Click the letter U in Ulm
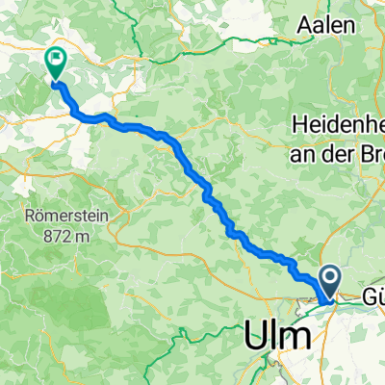tap(254, 337)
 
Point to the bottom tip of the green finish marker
tap(54, 81)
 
